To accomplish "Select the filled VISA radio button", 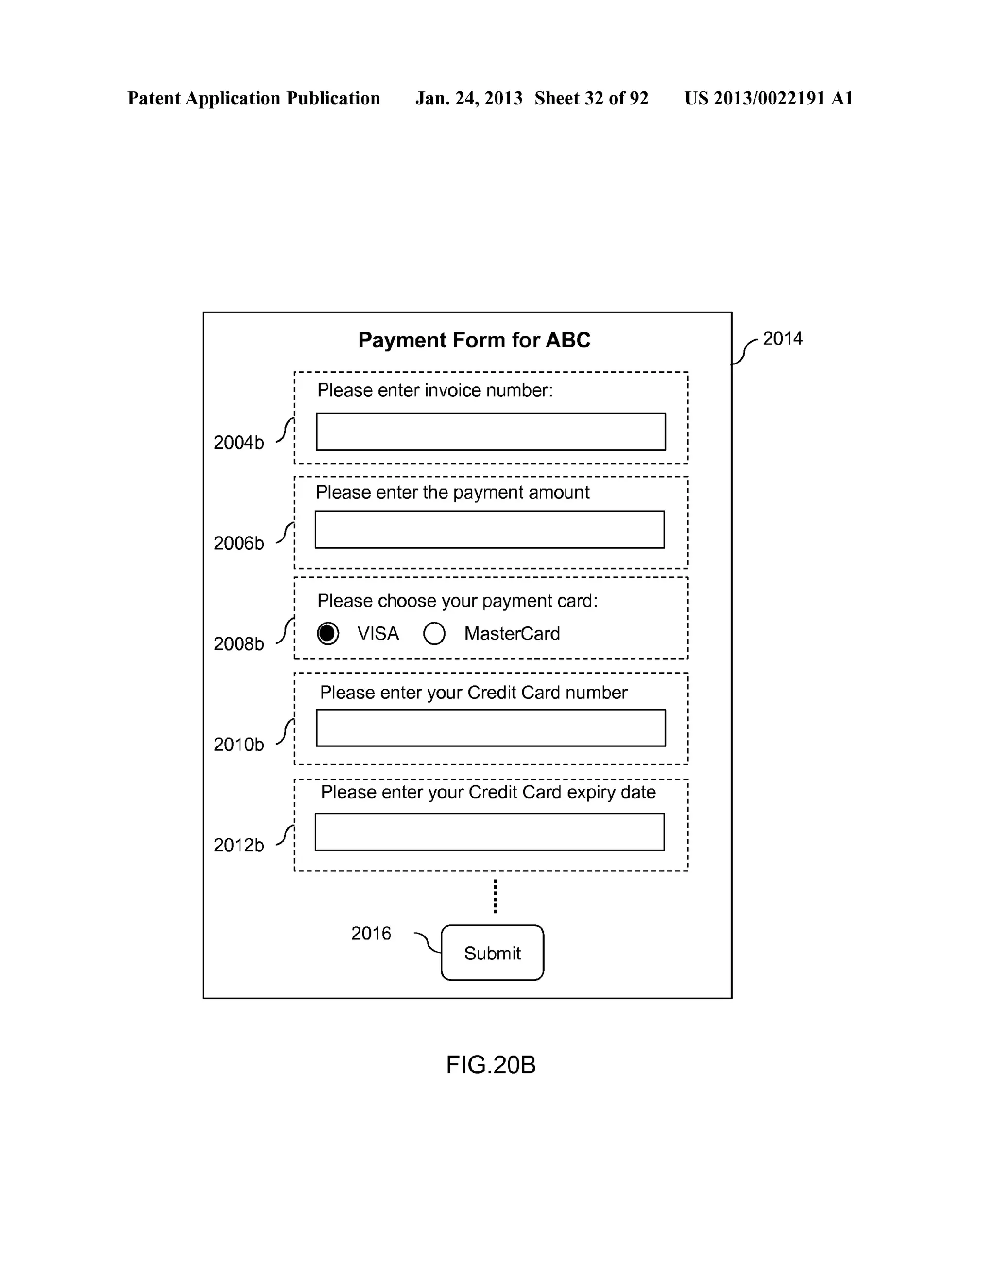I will (x=328, y=633).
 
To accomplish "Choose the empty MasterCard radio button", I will (x=434, y=633).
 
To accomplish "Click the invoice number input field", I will (x=490, y=432).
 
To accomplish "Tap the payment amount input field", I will (x=489, y=529).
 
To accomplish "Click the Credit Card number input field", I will (x=490, y=728).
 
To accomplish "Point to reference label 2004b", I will (x=239, y=442).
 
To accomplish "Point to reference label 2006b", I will (x=239, y=543).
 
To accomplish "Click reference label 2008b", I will (x=239, y=644).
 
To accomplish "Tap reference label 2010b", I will (x=239, y=745).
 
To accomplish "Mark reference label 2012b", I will (x=239, y=845).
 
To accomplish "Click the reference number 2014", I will (x=782, y=338).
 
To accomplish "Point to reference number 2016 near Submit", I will (x=371, y=934).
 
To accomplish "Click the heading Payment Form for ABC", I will (x=474, y=340).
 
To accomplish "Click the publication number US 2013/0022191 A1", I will (x=768, y=98).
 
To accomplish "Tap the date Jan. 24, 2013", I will (x=469, y=98).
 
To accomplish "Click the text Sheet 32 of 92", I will (x=591, y=98).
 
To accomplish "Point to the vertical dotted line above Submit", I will (x=495, y=896).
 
